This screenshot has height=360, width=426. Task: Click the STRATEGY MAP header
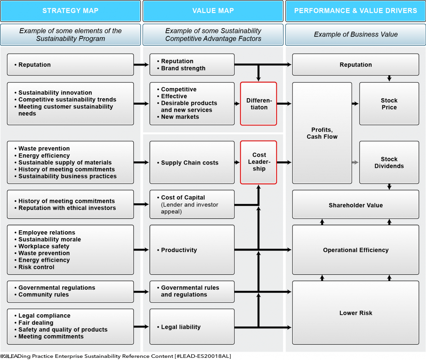point(70,11)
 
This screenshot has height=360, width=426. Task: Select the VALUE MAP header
point(213,11)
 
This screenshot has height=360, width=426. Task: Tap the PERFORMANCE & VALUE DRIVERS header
point(355,11)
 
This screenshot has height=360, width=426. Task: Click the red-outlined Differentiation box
point(258,104)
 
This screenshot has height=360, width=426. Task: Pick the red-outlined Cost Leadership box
point(258,162)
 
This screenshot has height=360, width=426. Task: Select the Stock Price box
point(389,104)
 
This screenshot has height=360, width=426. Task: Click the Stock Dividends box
point(389,162)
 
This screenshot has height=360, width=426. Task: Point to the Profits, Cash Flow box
point(322,133)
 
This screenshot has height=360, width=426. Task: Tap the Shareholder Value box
point(355,205)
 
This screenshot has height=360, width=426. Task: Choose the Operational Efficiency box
point(355,250)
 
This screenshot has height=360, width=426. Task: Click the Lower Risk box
point(355,313)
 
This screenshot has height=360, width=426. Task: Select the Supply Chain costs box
point(192,162)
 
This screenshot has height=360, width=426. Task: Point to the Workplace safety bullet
point(44,246)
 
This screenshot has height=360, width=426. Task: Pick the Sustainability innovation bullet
point(55,93)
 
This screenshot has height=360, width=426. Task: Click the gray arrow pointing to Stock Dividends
point(355,162)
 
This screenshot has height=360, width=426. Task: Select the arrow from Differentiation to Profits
point(284,104)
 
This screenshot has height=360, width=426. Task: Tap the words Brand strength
point(183,68)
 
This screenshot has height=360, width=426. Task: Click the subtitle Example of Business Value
point(355,34)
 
